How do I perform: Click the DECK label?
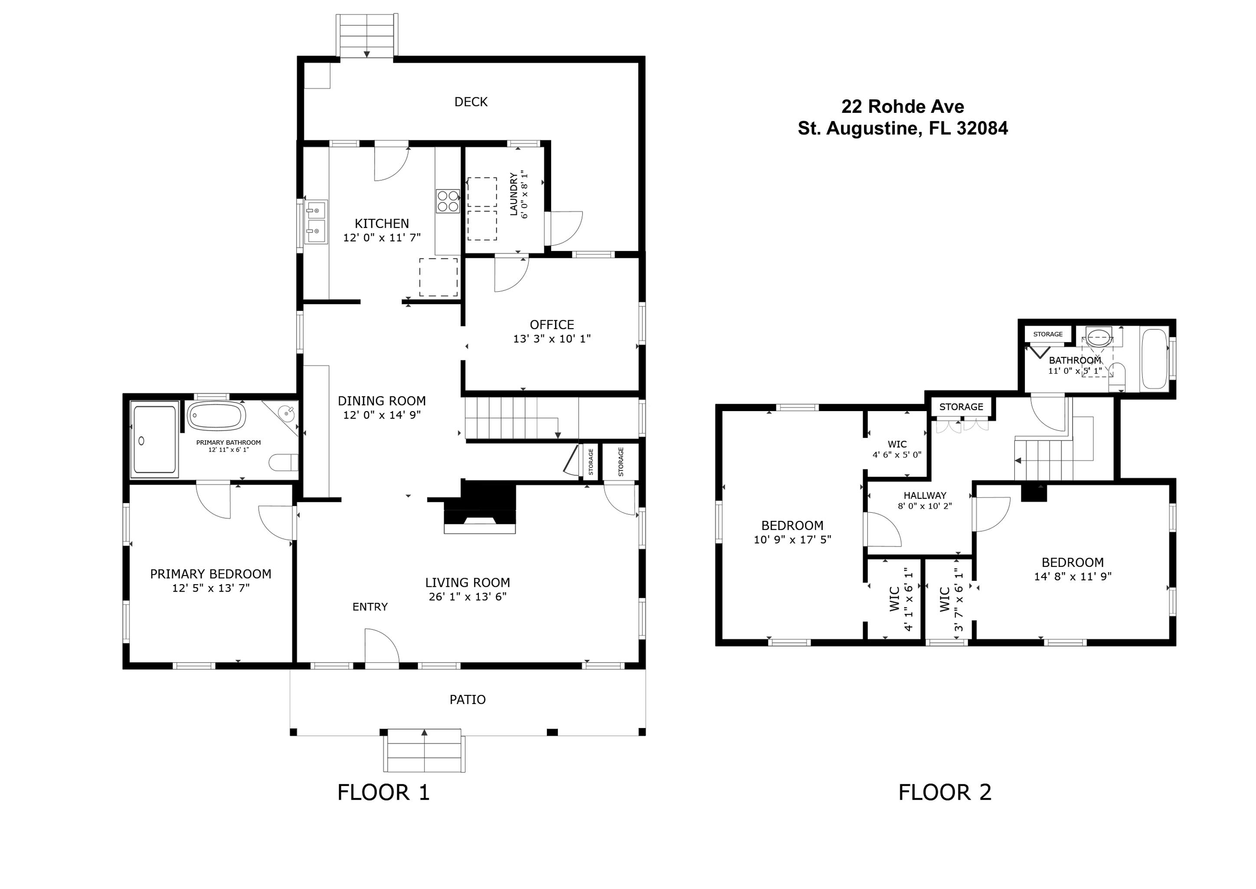click(x=471, y=102)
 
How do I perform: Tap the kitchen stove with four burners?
click(x=448, y=201)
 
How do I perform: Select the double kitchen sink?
click(x=316, y=222)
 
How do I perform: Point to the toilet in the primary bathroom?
click(x=283, y=462)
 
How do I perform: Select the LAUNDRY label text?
click(x=514, y=194)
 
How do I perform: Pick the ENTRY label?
click(x=370, y=606)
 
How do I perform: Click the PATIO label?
click(x=467, y=700)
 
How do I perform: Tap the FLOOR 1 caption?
click(x=383, y=792)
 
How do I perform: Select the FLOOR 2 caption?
click(x=945, y=792)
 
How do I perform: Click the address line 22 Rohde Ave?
click(x=903, y=106)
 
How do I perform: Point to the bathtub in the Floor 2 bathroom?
click(x=1154, y=359)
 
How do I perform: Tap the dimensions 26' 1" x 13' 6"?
click(x=467, y=597)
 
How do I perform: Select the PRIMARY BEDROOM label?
click(x=211, y=574)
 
